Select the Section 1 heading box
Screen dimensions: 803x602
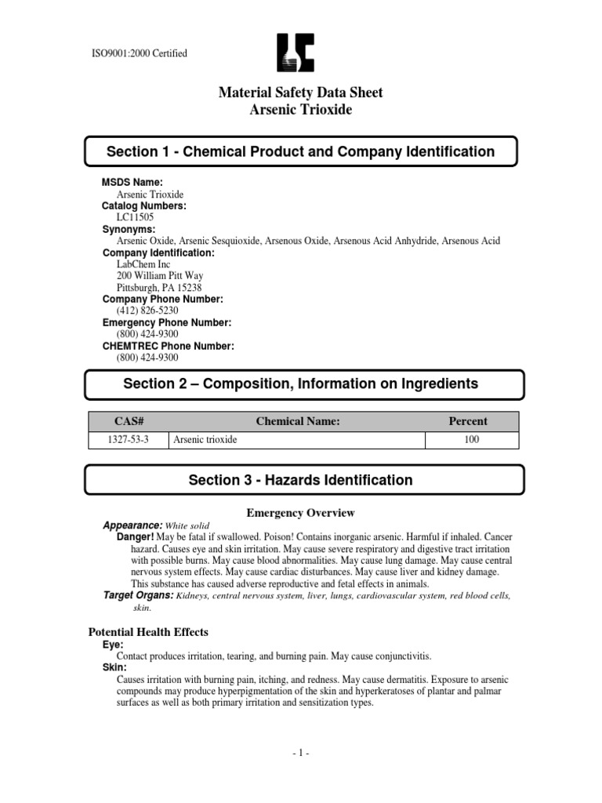300,152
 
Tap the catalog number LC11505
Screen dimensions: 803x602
136,216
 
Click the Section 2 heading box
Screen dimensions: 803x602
300,384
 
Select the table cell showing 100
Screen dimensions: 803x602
471,440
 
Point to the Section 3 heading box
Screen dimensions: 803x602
300,480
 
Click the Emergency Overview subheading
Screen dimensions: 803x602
300,513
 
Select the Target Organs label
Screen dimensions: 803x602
139,596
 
